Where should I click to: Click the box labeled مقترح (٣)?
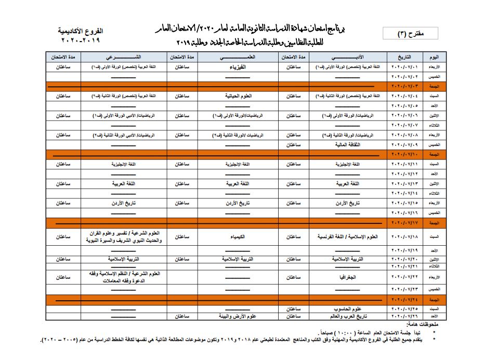tap(410, 34)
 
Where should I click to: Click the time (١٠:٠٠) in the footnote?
tap(338, 332)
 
